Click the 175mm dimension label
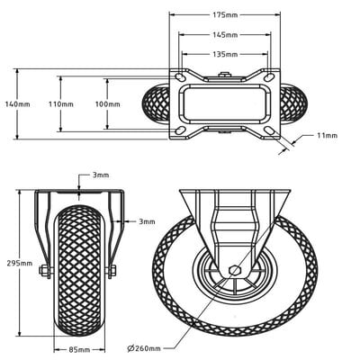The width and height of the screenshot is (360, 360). point(225,15)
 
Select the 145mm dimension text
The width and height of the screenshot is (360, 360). point(225,35)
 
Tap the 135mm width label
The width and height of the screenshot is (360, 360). point(225,54)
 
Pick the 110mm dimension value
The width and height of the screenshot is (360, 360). point(60,103)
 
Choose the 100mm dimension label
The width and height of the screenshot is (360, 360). point(107,103)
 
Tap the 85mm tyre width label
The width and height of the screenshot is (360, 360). point(78,348)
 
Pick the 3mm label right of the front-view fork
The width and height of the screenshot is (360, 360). point(145,220)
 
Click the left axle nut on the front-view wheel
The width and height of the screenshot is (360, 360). point(46,271)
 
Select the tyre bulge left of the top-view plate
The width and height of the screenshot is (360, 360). point(155,103)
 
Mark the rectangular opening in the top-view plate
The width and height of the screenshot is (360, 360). point(225,103)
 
